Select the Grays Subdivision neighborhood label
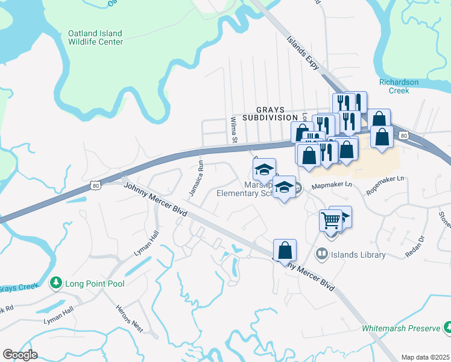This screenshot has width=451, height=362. [270, 113]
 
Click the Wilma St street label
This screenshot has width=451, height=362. [233, 130]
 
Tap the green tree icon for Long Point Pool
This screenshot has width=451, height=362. [56, 283]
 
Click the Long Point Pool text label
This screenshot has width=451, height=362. [96, 284]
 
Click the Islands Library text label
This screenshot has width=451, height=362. [359, 255]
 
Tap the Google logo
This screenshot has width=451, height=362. [20, 355]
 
